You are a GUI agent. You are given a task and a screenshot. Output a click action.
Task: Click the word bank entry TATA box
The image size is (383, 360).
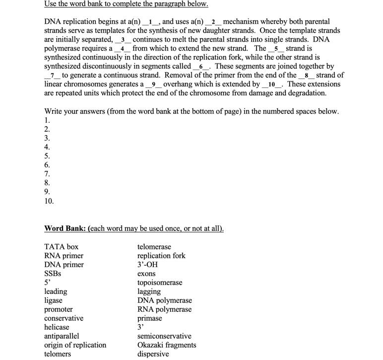click(x=61, y=247)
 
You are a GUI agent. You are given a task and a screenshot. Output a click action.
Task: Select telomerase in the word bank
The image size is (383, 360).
click(x=154, y=247)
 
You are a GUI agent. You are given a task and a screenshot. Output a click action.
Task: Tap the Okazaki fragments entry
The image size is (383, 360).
click(x=166, y=345)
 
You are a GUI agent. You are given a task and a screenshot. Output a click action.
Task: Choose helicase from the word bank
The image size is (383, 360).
click(x=57, y=327)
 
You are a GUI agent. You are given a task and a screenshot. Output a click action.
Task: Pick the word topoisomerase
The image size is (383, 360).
click(x=160, y=283)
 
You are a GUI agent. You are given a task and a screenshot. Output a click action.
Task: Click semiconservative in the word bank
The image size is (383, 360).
click(x=164, y=336)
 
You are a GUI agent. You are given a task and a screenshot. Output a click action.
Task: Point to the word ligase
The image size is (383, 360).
click(x=53, y=300)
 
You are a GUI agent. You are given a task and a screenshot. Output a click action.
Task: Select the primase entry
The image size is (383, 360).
click(x=149, y=318)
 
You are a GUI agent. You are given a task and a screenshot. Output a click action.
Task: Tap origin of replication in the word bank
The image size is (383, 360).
click(x=75, y=345)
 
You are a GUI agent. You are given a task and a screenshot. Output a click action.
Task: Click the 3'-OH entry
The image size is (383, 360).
click(x=147, y=265)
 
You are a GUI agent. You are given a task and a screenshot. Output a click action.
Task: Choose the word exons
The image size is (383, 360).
click(x=146, y=274)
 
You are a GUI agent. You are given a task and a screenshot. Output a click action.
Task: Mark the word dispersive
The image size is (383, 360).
click(x=153, y=354)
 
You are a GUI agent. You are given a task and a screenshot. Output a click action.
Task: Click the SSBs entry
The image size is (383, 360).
click(x=53, y=274)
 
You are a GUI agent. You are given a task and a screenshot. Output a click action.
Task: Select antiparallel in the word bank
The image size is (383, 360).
click(x=62, y=336)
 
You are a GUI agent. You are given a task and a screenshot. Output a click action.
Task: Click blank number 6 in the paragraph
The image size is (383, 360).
click(x=201, y=66)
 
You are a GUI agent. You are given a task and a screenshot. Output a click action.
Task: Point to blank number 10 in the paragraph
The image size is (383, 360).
click(x=271, y=84)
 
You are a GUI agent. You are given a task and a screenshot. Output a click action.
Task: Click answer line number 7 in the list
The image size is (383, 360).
click(x=47, y=174)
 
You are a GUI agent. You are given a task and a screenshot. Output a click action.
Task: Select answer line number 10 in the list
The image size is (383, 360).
click(x=49, y=201)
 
